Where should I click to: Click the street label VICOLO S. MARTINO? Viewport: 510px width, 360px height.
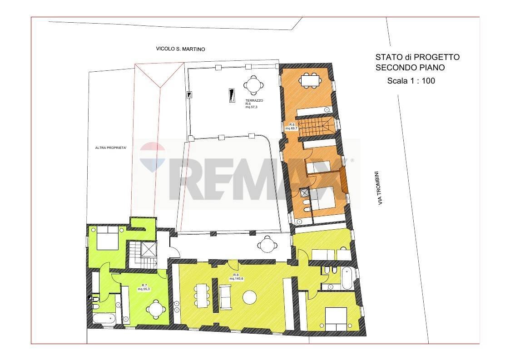pyautogui.click(x=180, y=49)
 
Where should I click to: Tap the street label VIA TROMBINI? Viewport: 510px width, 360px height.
pyautogui.click(x=381, y=188)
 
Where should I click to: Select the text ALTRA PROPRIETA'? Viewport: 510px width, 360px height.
pyautogui.click(x=108, y=148)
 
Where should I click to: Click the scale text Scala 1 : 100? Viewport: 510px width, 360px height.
pyautogui.click(x=411, y=81)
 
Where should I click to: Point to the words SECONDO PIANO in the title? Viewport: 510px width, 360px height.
pyautogui.click(x=410, y=68)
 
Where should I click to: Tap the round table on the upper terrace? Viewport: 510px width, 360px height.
pyautogui.click(x=253, y=84)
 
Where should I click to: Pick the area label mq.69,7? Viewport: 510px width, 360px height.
pyautogui.click(x=291, y=128)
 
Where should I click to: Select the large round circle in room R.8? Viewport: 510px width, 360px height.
pyautogui.click(x=249, y=298)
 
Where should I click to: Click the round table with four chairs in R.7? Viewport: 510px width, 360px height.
pyautogui.click(x=155, y=309)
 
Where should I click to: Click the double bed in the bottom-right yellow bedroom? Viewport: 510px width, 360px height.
pyautogui.click(x=336, y=319)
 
